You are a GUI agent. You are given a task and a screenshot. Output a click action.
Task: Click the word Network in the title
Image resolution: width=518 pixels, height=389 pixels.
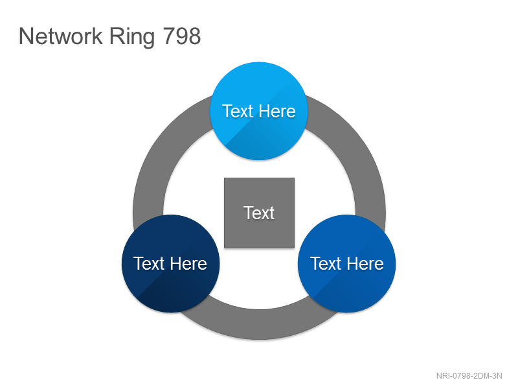click(x=61, y=36)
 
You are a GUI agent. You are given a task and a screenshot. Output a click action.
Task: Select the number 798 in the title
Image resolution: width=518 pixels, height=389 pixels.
click(x=182, y=36)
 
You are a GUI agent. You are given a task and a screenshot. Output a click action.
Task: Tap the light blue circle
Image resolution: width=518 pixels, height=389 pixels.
click(x=259, y=111)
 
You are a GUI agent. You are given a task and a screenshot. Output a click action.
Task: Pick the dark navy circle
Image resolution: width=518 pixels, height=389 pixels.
click(x=170, y=264)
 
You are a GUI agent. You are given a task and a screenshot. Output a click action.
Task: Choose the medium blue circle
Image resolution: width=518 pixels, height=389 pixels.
click(x=347, y=264)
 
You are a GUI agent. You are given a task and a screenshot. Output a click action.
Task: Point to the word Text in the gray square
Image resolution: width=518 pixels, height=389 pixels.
click(x=259, y=213)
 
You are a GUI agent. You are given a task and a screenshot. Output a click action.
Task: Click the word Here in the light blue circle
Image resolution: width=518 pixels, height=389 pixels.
click(x=277, y=111)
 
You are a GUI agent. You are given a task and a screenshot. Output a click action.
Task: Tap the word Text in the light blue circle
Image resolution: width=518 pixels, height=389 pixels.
click(x=238, y=111)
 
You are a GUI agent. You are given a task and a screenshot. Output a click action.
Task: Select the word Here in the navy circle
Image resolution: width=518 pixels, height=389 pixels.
click(x=188, y=264)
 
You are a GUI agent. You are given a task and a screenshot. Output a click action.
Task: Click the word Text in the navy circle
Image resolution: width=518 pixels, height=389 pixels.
click(x=149, y=264)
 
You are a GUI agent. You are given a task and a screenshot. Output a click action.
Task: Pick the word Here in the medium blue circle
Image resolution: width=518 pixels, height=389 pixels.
click(x=365, y=264)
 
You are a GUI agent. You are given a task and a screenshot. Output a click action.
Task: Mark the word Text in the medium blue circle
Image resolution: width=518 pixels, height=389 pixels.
click(x=326, y=264)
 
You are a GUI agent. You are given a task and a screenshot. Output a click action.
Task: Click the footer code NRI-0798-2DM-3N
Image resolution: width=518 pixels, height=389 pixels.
click(x=469, y=376)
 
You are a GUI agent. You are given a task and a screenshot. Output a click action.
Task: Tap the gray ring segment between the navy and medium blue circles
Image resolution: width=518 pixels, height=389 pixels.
click(x=260, y=324)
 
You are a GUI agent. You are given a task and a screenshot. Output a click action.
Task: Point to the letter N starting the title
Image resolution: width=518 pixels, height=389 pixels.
click(x=26, y=36)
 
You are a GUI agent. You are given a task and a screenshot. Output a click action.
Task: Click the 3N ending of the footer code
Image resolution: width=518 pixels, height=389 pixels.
click(x=497, y=376)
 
